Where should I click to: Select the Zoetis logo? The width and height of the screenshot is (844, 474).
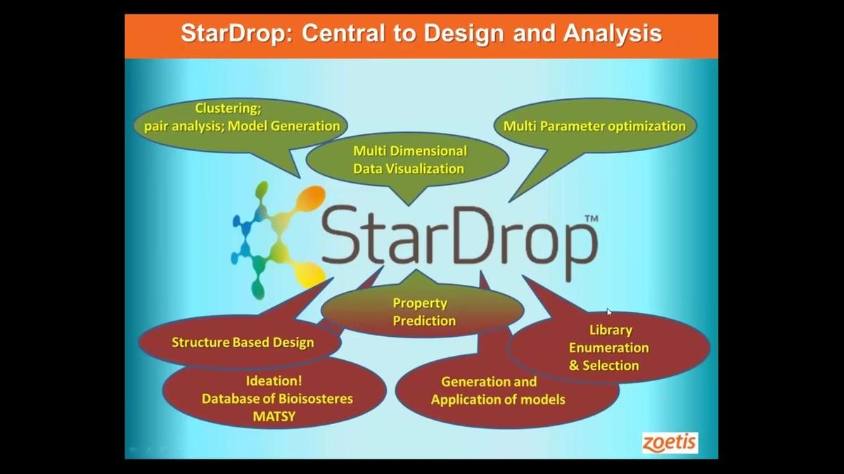click(670, 442)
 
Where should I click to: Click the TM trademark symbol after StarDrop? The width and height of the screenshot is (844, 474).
click(591, 219)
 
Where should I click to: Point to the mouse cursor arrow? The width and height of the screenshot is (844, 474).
click(609, 312)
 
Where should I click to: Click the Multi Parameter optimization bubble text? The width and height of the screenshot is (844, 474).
click(594, 127)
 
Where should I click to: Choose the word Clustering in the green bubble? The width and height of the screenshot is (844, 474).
click(226, 108)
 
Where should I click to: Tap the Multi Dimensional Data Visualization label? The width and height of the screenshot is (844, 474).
click(409, 160)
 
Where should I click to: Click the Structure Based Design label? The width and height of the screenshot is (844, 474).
click(243, 342)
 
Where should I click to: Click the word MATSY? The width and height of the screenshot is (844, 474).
click(274, 416)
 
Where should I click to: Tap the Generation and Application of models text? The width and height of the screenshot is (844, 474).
click(498, 391)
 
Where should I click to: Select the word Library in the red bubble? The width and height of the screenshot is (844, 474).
click(610, 330)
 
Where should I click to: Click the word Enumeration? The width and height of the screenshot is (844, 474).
click(609, 347)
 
